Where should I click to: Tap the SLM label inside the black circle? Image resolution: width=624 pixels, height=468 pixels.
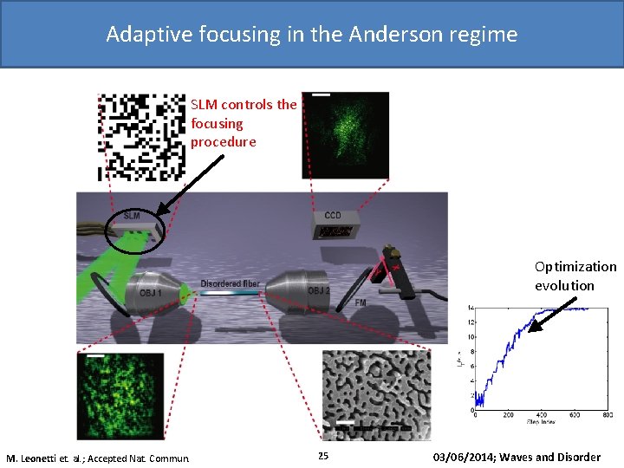tap(132, 215)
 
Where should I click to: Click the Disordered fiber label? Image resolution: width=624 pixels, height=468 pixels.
tap(230, 283)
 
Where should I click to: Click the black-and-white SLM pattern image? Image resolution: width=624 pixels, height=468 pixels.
tap(141, 137)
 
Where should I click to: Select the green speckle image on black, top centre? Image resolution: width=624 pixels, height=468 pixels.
tap(345, 134)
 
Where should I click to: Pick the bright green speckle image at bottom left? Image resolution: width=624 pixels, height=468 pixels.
tap(120, 395)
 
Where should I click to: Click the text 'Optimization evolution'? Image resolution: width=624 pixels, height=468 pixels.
tap(575, 276)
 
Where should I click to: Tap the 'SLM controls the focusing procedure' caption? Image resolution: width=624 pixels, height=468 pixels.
tap(243, 123)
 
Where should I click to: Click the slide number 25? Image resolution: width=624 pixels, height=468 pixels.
tap(323, 457)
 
